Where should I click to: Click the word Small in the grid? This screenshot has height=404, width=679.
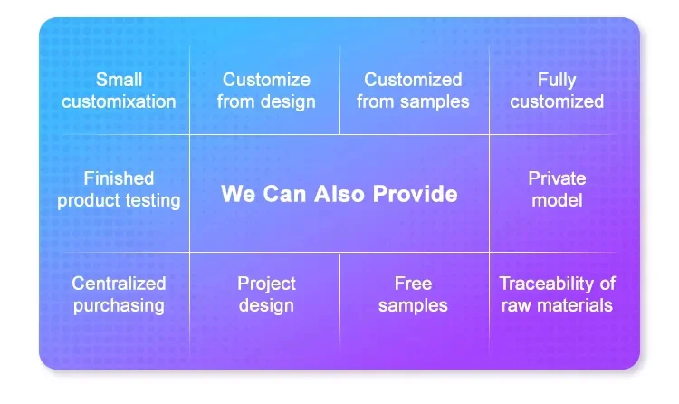(x=119, y=80)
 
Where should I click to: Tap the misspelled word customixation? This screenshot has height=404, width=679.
(x=119, y=101)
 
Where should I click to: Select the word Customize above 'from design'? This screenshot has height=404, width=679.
(x=266, y=80)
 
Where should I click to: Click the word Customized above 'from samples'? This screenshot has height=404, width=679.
(x=413, y=80)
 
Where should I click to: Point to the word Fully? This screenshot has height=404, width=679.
(x=557, y=81)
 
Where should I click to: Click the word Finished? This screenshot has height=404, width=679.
(x=119, y=178)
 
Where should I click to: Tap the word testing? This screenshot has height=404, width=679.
(x=152, y=201)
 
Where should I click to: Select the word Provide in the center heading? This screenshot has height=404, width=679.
(x=416, y=193)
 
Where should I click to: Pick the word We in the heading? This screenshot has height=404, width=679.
(x=238, y=193)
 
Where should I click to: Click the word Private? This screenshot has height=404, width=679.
(x=557, y=178)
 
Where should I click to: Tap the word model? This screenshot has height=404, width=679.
(x=557, y=200)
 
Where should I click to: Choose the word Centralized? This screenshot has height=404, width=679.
(x=119, y=284)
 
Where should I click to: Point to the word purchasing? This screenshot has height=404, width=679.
(x=119, y=306)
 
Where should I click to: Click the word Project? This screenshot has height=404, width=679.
(x=266, y=284)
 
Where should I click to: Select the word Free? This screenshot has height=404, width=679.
(x=413, y=284)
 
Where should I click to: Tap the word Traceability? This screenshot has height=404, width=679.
(x=549, y=284)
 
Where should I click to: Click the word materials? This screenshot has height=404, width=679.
(x=575, y=305)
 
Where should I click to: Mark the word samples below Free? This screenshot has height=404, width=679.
(x=413, y=306)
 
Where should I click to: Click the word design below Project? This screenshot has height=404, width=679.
(x=266, y=306)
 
